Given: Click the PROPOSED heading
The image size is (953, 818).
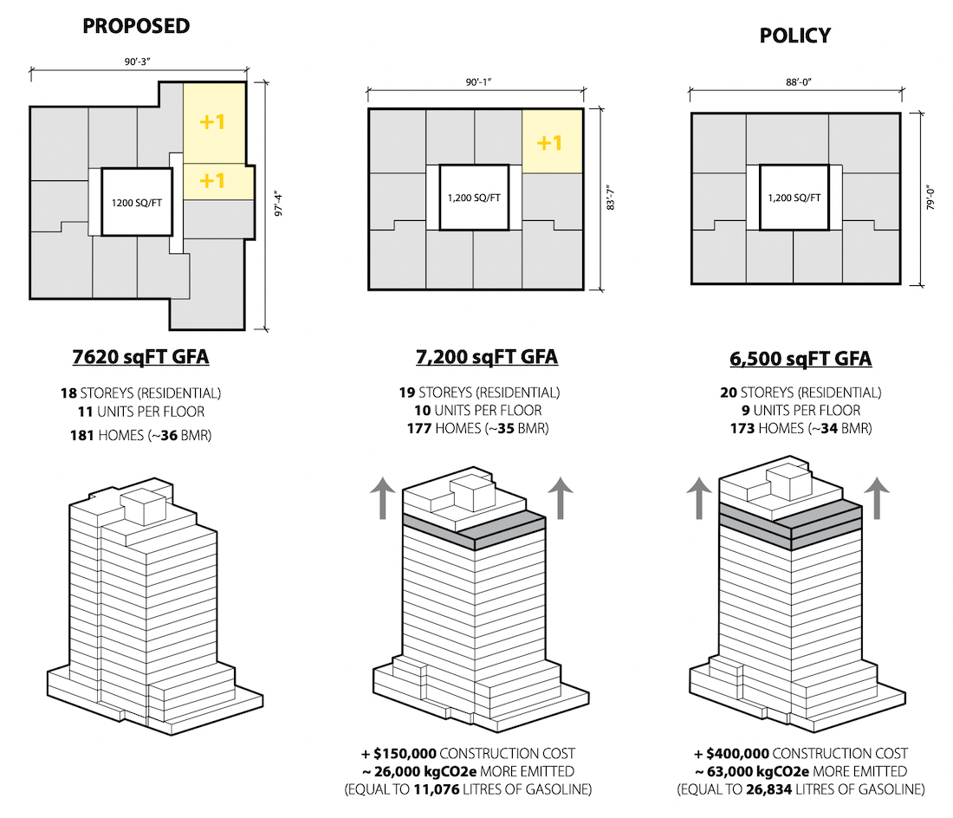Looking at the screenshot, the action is (136, 26).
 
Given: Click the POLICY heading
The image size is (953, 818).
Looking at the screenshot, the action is (795, 36).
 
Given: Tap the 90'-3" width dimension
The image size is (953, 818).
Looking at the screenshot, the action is (138, 62).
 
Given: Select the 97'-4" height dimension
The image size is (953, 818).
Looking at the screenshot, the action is (278, 204).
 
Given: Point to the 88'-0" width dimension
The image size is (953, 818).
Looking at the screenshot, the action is (799, 82).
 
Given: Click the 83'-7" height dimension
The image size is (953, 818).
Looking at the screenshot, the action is (611, 198).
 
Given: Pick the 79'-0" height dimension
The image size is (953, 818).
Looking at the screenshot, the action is (930, 198).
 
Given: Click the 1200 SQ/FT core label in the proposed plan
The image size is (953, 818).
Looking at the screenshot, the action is (137, 203).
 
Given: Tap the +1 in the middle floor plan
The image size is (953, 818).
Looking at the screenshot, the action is (549, 143).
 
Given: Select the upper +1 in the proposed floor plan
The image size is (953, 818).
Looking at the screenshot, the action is (212, 121).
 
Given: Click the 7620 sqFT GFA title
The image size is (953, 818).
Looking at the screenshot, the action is (140, 357).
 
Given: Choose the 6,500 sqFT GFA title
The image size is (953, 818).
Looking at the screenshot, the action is (801, 359).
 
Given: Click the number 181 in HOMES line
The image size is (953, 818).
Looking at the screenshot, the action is (82, 435).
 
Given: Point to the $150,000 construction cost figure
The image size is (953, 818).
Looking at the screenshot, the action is (405, 754).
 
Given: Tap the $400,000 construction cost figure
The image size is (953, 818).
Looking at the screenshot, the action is (737, 754).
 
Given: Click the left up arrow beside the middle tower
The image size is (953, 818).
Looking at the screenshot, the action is (382, 497).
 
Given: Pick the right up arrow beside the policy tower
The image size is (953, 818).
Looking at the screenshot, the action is (877, 497).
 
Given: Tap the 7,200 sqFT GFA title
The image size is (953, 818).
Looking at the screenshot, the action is (487, 357).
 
